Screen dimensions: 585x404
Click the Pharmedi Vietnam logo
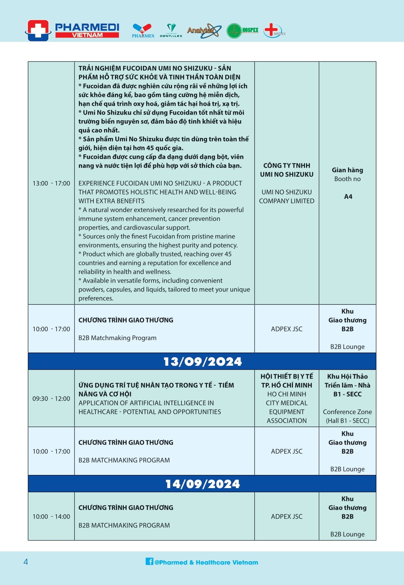(x=73, y=30)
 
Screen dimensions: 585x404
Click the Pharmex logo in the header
(x=143, y=30)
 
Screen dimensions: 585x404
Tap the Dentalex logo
(x=171, y=30)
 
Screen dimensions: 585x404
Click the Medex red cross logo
(x=273, y=30)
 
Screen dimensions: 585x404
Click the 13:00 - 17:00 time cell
(x=51, y=183)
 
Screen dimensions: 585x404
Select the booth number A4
(x=348, y=197)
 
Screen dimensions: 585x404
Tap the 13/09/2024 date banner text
(x=202, y=361)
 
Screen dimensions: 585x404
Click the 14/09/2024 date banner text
(x=202, y=484)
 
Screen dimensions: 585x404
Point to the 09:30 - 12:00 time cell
(x=51, y=399)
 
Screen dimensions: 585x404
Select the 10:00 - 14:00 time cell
(x=51, y=516)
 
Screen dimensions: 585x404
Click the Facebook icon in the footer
(x=149, y=561)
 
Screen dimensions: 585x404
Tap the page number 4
(x=25, y=562)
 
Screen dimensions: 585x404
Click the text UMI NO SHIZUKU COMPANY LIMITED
(x=287, y=196)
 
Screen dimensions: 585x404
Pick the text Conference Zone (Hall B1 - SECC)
(x=347, y=416)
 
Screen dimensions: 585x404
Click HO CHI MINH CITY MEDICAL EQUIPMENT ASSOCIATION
(x=287, y=407)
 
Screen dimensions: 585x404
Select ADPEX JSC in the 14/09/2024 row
(x=287, y=516)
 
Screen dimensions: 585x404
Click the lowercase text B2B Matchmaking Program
(x=117, y=338)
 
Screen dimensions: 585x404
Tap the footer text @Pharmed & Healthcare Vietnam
(x=206, y=562)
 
